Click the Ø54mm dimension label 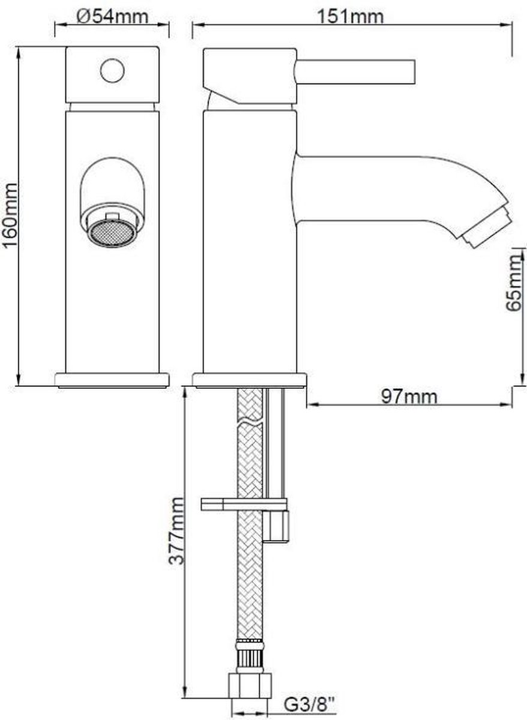(x=112, y=16)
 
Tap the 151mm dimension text (x=350, y=17)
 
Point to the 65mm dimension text (x=513, y=283)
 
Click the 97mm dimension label (x=409, y=397)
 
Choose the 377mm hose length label (x=176, y=531)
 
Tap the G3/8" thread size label (x=309, y=705)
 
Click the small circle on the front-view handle (x=112, y=70)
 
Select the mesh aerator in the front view (x=112, y=233)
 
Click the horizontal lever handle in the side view (x=356, y=72)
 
